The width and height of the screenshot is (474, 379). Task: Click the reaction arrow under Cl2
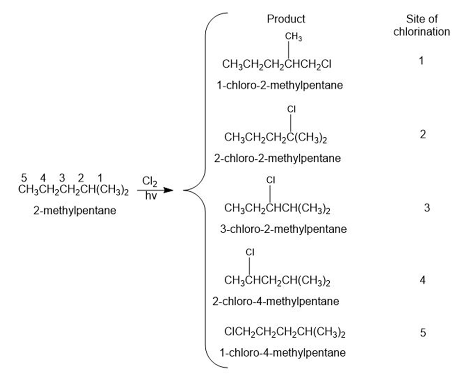click(x=155, y=190)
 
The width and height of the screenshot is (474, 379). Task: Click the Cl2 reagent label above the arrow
click(x=150, y=182)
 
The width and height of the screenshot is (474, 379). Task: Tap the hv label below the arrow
click(x=151, y=196)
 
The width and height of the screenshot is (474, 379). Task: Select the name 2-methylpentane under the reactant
click(x=75, y=211)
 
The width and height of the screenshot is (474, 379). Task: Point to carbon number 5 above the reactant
click(x=24, y=178)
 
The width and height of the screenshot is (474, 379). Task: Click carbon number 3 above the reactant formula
click(x=62, y=178)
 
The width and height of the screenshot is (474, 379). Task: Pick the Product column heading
click(x=286, y=19)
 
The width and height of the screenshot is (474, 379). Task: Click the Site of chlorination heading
click(x=422, y=25)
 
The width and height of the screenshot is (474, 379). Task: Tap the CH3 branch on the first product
click(x=293, y=37)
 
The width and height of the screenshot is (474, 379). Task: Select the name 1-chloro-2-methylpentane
click(x=280, y=86)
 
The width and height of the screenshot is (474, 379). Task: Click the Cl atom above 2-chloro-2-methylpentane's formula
click(x=291, y=109)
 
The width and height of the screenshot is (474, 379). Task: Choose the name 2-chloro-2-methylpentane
click(x=277, y=159)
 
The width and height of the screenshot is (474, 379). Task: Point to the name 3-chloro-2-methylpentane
click(x=283, y=229)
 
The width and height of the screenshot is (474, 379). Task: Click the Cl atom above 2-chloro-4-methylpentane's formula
click(x=250, y=252)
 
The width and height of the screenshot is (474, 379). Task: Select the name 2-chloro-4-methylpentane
click(x=275, y=302)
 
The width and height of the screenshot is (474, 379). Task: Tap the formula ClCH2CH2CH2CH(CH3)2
click(x=285, y=333)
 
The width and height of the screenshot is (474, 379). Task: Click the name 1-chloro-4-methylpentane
click(x=283, y=353)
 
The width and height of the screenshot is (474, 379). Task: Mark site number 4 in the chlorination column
click(x=423, y=280)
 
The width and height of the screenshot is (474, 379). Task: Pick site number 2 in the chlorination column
click(x=423, y=134)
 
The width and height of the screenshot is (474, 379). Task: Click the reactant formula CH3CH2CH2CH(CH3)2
click(x=74, y=190)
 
